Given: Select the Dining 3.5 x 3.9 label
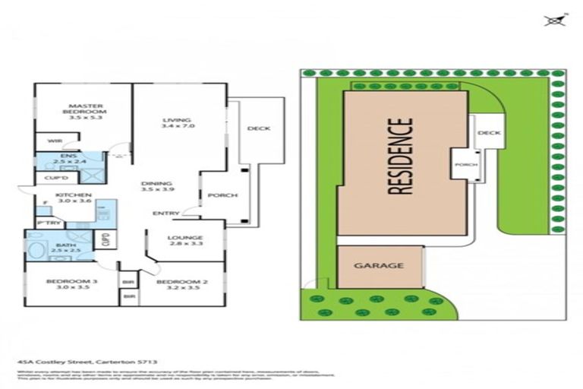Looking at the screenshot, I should tap(156, 187).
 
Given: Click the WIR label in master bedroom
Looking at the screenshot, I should tap(53, 141).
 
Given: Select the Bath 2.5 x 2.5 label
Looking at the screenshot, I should tap(65, 248).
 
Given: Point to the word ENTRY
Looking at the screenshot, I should tap(165, 213).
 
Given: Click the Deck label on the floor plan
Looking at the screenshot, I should tap(259, 128).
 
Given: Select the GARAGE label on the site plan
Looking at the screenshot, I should tap(377, 266).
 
